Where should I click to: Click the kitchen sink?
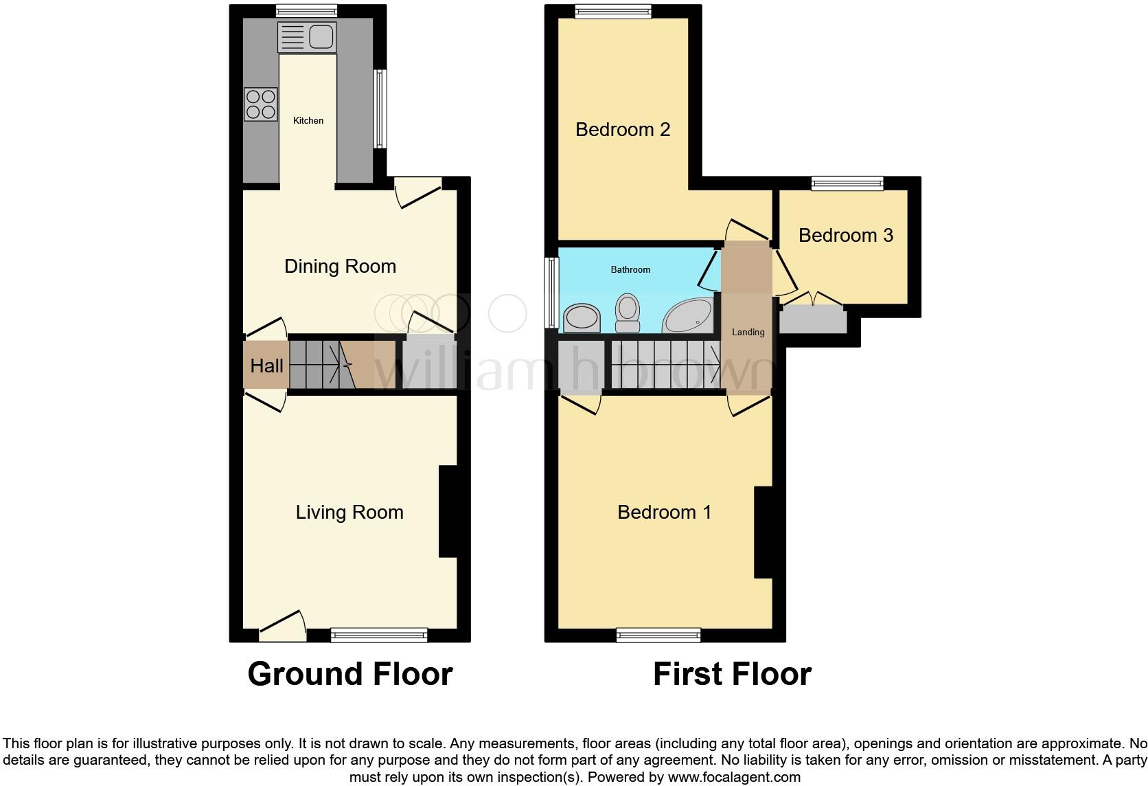(x=306, y=36)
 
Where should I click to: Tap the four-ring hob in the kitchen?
(x=261, y=104)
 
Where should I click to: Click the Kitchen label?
(x=308, y=121)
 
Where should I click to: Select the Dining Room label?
(x=340, y=267)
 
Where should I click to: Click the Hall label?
(x=266, y=366)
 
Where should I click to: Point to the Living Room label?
(x=349, y=513)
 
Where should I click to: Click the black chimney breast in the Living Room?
(x=448, y=512)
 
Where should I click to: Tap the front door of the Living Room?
(x=282, y=626)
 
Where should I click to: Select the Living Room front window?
(x=379, y=635)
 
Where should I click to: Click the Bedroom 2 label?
(x=623, y=130)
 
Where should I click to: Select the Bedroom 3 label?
(x=846, y=236)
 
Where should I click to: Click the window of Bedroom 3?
(x=847, y=183)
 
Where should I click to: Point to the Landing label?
(x=748, y=333)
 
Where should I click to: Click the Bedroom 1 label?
(x=664, y=513)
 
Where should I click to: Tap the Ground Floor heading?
(x=350, y=674)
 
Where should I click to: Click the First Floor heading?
(x=732, y=674)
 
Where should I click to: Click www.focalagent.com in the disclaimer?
(x=734, y=778)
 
